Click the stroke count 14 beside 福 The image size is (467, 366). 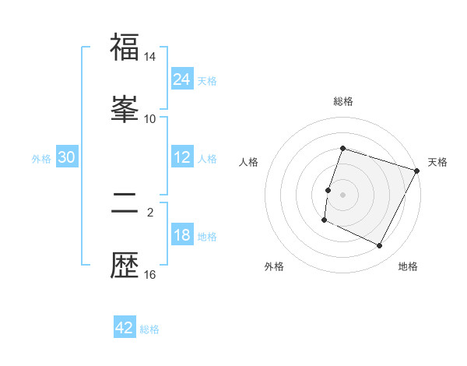(x=150, y=58)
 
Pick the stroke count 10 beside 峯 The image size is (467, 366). (x=150, y=118)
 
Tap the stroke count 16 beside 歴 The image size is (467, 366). (x=150, y=274)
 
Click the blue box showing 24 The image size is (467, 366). (x=182, y=79)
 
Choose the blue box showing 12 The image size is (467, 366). (x=182, y=157)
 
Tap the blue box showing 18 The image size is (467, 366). (x=182, y=235)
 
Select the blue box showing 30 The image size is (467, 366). (x=67, y=157)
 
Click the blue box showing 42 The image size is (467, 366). (x=125, y=328)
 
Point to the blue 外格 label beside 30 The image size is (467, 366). (x=41, y=158)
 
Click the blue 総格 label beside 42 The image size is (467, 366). (x=149, y=329)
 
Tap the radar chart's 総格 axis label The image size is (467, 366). (x=342, y=101)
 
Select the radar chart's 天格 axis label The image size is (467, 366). (x=437, y=162)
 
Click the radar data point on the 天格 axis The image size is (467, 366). (x=418, y=171)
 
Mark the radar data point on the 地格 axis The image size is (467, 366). (x=380, y=246)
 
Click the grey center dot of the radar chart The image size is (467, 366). (x=342, y=195)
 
